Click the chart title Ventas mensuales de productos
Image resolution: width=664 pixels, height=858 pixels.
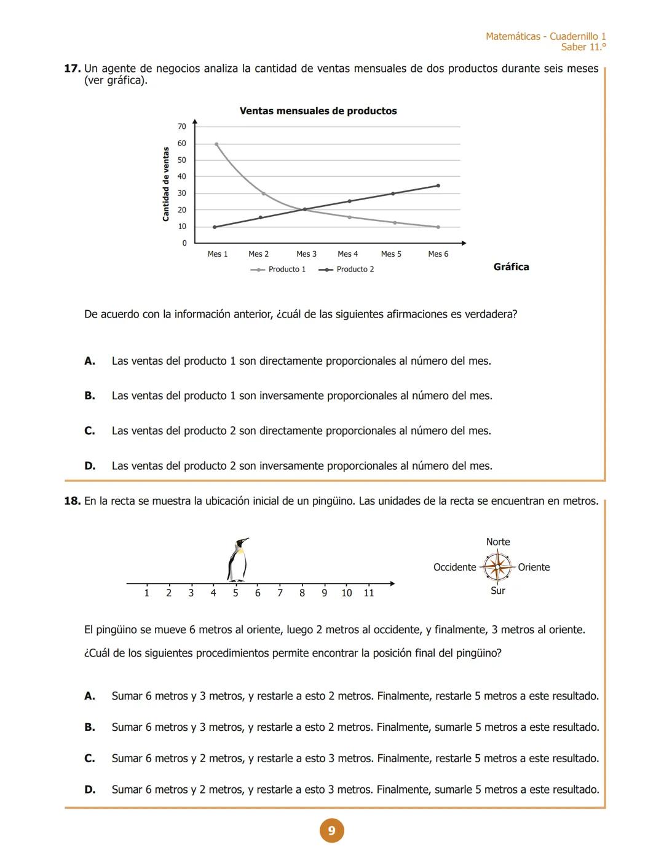pyautogui.click(x=318, y=111)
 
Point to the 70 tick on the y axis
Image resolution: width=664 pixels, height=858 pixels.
pyautogui.click(x=182, y=127)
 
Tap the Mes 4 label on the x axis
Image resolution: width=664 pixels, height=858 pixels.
pyautogui.click(x=347, y=254)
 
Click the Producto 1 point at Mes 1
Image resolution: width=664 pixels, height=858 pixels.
pyautogui.click(x=216, y=144)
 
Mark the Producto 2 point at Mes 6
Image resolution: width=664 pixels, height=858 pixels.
pyautogui.click(x=438, y=185)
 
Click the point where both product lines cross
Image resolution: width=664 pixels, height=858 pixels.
pyautogui.click(x=304, y=209)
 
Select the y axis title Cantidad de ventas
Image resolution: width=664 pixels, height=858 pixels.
pyautogui.click(x=165, y=184)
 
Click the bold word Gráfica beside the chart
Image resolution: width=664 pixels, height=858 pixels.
pyautogui.click(x=511, y=267)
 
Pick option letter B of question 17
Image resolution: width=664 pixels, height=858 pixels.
pyautogui.click(x=90, y=396)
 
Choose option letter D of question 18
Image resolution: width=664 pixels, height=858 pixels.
pyautogui.click(x=90, y=790)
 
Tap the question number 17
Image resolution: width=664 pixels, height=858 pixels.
pyautogui.click(x=72, y=69)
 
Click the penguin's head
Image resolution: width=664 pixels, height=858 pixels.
pyautogui.click(x=241, y=544)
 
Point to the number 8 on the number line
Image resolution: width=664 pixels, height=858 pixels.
pyautogui.click(x=302, y=593)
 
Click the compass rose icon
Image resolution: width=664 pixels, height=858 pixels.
pyautogui.click(x=497, y=567)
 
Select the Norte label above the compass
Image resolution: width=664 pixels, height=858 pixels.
pyautogui.click(x=497, y=542)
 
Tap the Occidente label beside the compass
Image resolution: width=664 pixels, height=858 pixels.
pyautogui.click(x=454, y=567)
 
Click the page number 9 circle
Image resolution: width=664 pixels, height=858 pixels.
pyautogui.click(x=331, y=831)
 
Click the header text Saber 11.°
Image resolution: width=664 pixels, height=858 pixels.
pyautogui.click(x=583, y=47)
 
